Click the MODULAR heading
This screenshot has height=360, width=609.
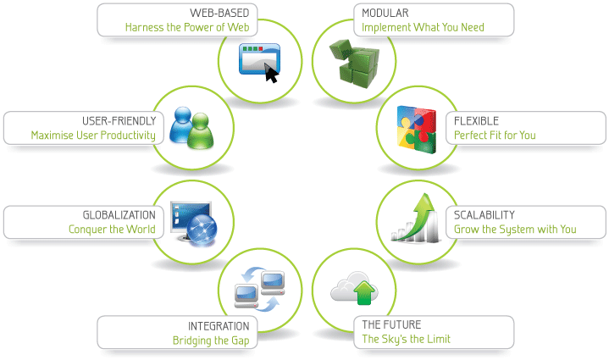(385, 14)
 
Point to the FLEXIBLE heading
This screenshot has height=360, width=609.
(477, 121)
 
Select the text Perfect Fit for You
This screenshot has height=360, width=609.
(495, 135)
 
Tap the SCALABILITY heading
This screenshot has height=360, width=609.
(484, 215)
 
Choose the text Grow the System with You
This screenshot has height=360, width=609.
(514, 229)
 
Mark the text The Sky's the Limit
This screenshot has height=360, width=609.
(406, 339)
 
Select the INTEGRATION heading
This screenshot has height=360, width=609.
(219, 325)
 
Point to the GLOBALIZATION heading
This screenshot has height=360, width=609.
(119, 215)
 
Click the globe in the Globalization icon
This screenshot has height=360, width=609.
(202, 227)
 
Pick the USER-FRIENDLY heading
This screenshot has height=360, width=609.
(119, 121)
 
